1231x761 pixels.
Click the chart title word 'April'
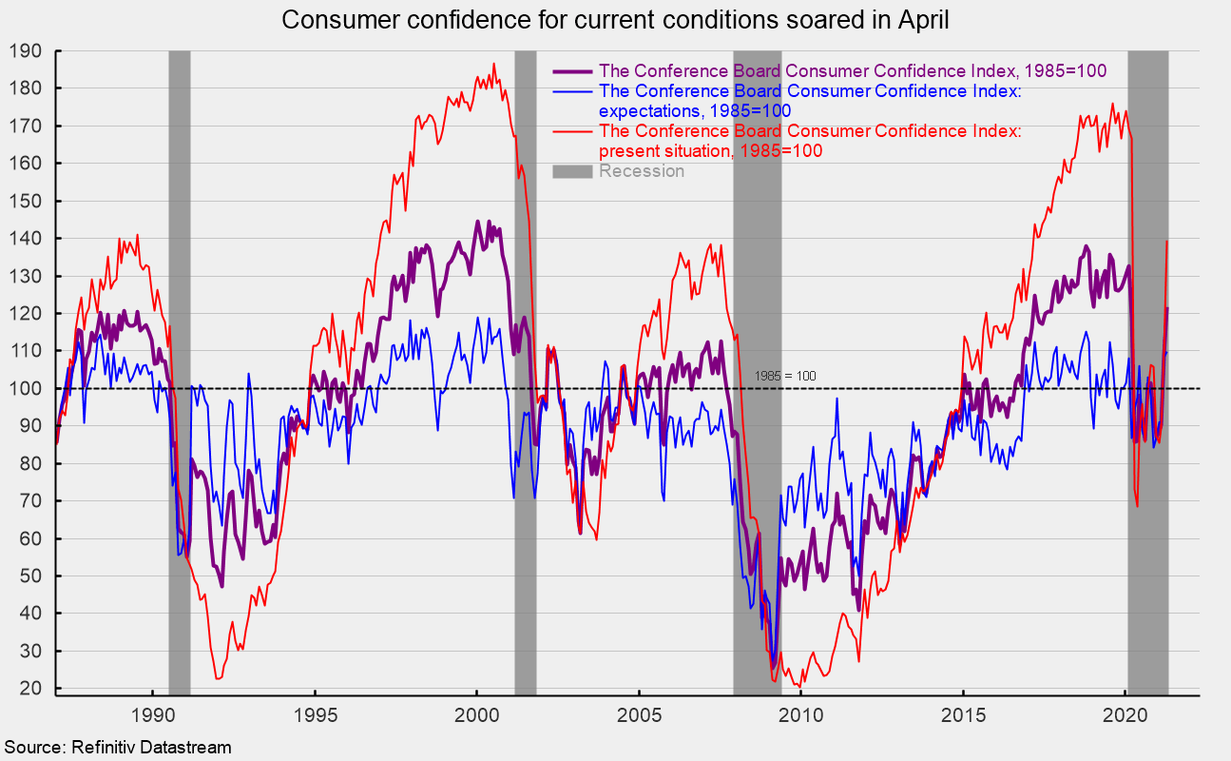pyautogui.click(x=923, y=21)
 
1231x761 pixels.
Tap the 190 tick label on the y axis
pyautogui.click(x=26, y=51)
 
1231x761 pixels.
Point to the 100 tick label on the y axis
pyautogui.click(x=26, y=388)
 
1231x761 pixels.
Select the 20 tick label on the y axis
pyautogui.click(x=30, y=688)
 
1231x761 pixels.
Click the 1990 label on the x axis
pyautogui.click(x=152, y=715)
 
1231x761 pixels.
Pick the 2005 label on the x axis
pyautogui.click(x=639, y=715)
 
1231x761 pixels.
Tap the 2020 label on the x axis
pyautogui.click(x=1125, y=715)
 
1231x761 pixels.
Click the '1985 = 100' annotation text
pyautogui.click(x=785, y=376)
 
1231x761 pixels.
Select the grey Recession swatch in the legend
pyautogui.click(x=572, y=171)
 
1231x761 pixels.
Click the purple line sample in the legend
pyautogui.click(x=572, y=71)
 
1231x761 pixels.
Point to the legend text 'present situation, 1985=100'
pyautogui.click(x=711, y=151)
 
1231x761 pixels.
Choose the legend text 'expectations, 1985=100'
pyautogui.click(x=695, y=111)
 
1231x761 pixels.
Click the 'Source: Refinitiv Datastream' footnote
pyautogui.click(x=118, y=748)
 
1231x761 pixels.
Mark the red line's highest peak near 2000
pyautogui.click(x=493, y=64)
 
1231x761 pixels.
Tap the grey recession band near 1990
pyautogui.click(x=179, y=373)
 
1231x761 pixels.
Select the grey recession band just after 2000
pyautogui.click(x=526, y=373)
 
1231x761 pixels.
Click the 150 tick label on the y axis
pyautogui.click(x=26, y=202)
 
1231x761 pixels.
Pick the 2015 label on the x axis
pyautogui.click(x=963, y=715)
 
